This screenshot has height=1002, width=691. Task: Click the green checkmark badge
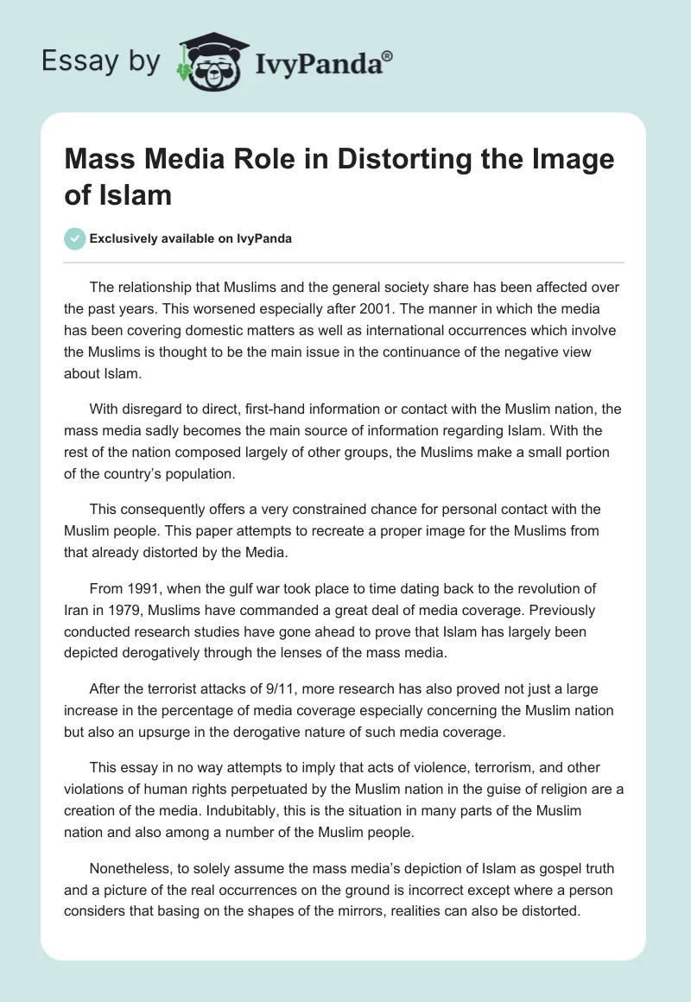[x=75, y=238]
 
